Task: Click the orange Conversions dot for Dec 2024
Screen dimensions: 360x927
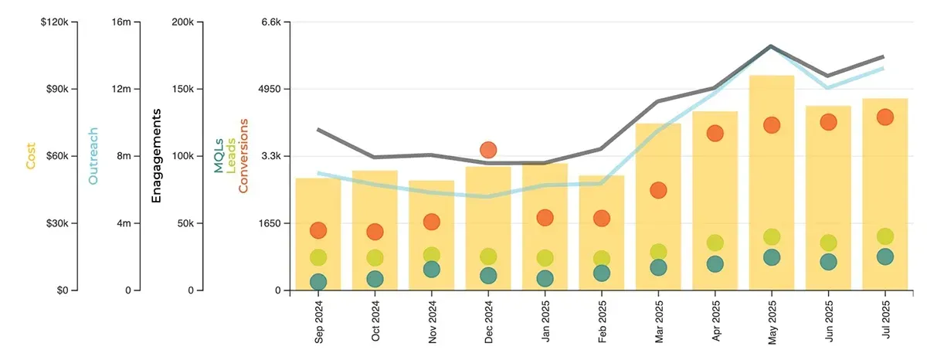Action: (x=488, y=150)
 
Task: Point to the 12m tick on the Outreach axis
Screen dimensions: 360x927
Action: (x=122, y=89)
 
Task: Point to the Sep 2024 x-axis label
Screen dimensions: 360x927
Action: (x=319, y=321)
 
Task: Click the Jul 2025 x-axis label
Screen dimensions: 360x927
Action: (x=886, y=321)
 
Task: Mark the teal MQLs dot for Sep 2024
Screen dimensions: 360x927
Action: (x=318, y=282)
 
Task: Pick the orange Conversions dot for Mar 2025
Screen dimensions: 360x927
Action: (x=658, y=190)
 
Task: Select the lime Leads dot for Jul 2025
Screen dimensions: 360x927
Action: (x=885, y=236)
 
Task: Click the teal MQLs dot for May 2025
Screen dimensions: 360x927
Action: (x=772, y=257)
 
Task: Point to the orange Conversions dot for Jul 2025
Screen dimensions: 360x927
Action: (x=885, y=117)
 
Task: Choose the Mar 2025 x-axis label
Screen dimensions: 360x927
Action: (x=659, y=321)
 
